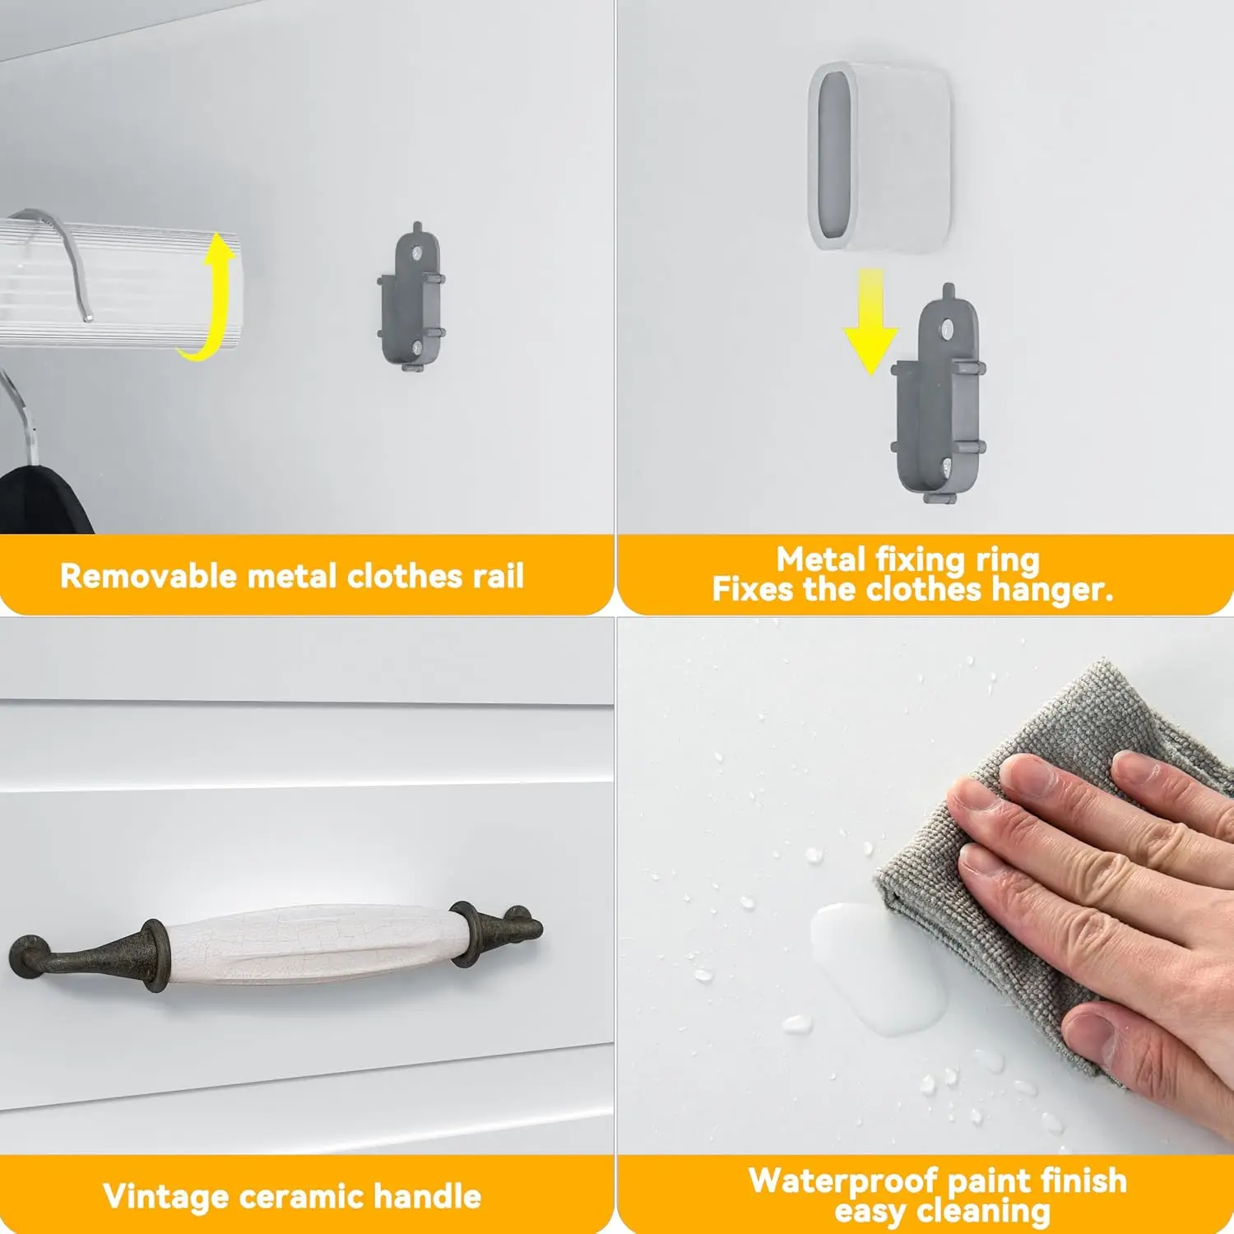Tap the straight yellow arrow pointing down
click(x=870, y=321)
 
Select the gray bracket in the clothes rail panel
click(x=411, y=296)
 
